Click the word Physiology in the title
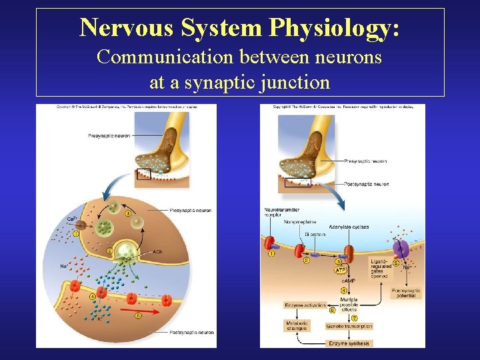tap(334, 27)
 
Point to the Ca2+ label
tap(71, 219)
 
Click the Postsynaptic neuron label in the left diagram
tap(191, 332)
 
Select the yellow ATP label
tap(340, 271)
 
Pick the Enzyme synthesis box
tap(349, 343)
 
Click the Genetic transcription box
tap(349, 327)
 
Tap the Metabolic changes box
tap(297, 326)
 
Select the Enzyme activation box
tap(305, 305)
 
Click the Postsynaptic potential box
tap(403, 293)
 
